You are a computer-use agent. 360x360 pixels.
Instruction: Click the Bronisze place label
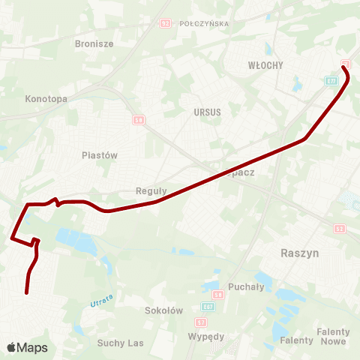tap(94, 43)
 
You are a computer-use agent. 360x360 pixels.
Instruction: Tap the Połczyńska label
tap(204, 23)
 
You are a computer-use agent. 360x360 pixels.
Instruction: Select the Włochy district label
tap(265, 65)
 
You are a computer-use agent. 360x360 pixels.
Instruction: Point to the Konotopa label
tap(46, 98)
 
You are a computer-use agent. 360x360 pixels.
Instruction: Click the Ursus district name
tap(207, 112)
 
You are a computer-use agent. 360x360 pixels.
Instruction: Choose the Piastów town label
tap(100, 154)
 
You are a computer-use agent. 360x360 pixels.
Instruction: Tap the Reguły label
tap(151, 190)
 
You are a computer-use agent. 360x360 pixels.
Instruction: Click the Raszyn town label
tap(299, 253)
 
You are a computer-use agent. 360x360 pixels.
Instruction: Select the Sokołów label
tap(164, 310)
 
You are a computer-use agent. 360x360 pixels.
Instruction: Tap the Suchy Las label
tap(120, 343)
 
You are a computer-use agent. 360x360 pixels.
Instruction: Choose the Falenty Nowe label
tap(333, 336)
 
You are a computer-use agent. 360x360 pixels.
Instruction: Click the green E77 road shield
tap(331, 80)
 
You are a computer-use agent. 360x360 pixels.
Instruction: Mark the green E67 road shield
tap(208, 307)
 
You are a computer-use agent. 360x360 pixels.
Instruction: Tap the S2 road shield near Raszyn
tap(339, 228)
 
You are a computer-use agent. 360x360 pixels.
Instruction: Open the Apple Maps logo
tap(27, 347)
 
